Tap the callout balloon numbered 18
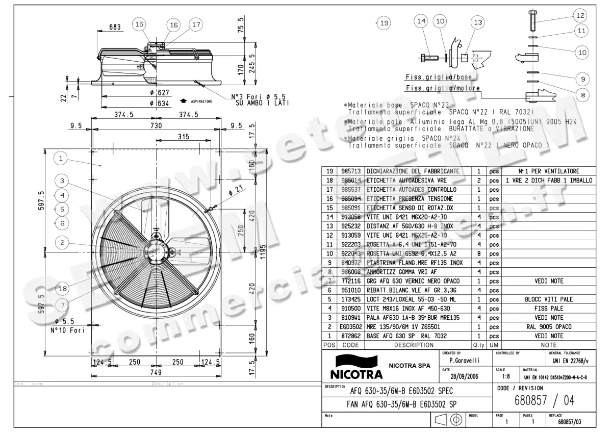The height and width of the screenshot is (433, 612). point(62,288)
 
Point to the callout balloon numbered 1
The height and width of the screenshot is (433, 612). point(61,159)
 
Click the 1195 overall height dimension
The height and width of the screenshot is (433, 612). point(262,251)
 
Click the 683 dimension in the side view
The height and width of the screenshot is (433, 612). point(115,27)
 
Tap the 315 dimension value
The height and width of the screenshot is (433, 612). point(183,137)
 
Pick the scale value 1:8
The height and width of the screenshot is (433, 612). point(504,377)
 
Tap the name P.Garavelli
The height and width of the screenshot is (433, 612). point(460,361)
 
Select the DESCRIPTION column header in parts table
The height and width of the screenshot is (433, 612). point(414,345)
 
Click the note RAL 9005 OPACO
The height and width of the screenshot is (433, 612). point(548,326)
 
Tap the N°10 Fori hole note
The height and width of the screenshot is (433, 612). point(67,330)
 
